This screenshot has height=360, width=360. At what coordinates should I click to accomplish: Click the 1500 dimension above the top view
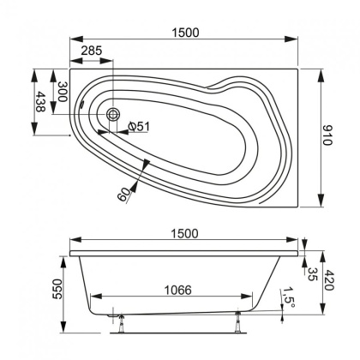click(x=183, y=33)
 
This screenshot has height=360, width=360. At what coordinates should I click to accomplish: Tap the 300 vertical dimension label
click(x=63, y=91)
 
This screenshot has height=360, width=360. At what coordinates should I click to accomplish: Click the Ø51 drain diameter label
click(x=140, y=127)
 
